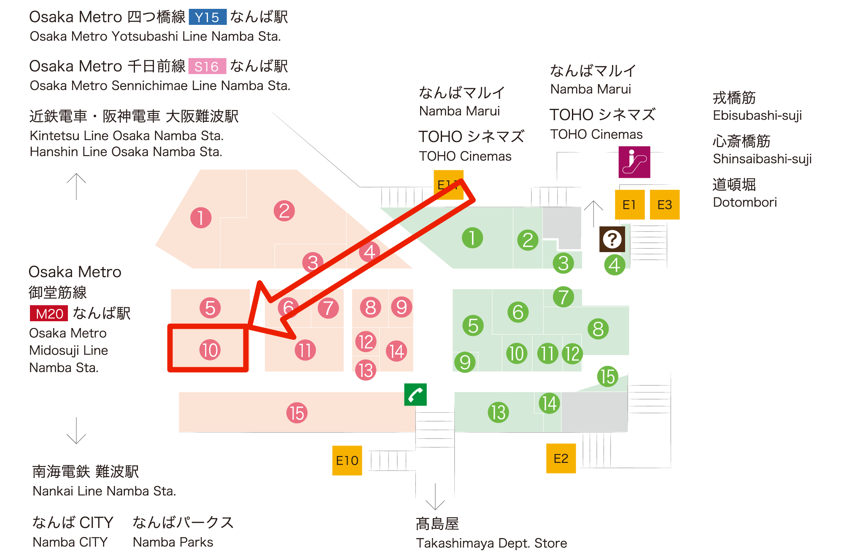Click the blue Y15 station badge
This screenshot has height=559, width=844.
(207, 17)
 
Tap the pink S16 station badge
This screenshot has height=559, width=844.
(207, 66)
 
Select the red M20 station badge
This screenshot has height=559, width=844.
(49, 314)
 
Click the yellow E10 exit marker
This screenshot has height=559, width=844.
(347, 460)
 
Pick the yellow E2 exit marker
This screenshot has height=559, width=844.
(561, 458)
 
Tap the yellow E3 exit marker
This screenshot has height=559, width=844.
(665, 205)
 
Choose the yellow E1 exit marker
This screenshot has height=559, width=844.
(629, 205)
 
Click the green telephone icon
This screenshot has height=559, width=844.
(415, 395)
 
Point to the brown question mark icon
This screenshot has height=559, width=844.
(612, 239)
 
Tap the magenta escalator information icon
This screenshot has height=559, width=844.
(634, 162)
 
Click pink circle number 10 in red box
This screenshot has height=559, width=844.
(210, 350)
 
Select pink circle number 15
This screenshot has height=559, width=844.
(297, 413)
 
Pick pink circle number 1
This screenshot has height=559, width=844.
(201, 218)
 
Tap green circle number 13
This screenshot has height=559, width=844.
(498, 412)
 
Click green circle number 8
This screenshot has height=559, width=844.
(598, 329)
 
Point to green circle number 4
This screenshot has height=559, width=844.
(615, 265)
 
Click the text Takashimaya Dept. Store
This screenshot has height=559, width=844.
(491, 543)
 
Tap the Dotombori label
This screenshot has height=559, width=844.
(744, 202)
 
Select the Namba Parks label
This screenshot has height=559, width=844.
(173, 542)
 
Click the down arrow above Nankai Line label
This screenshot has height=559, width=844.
(76, 431)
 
